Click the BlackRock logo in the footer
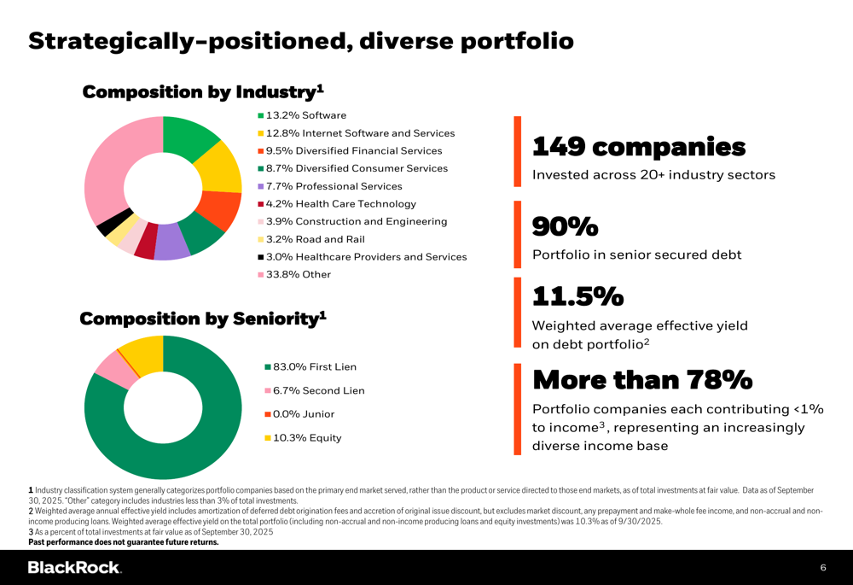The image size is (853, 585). pos(74,567)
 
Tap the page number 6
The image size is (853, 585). pos(823,567)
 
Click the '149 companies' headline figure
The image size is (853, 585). pos(639,147)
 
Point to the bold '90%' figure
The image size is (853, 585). pos(565,226)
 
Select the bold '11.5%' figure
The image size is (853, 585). pos(577,296)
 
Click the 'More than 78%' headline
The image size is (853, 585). pos(642,378)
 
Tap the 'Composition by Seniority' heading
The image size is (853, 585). pos(203,319)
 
